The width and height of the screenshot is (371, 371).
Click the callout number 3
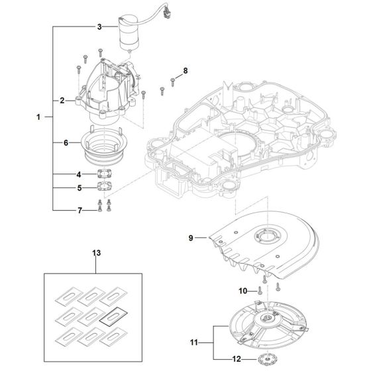point(99,26)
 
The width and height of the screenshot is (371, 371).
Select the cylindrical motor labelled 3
point(129,33)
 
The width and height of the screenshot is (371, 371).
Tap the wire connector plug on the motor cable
point(167,14)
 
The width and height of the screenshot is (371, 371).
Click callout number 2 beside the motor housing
point(62,101)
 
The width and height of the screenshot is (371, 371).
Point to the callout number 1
point(38,117)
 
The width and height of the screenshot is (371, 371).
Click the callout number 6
point(66,142)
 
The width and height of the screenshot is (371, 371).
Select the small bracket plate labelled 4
point(104,174)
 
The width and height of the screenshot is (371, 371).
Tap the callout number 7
point(80,211)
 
